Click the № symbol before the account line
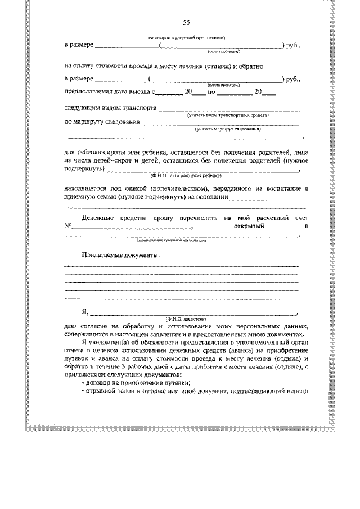pyautogui.click(x=68, y=226)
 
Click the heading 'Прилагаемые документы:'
pyautogui.click(x=121, y=254)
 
